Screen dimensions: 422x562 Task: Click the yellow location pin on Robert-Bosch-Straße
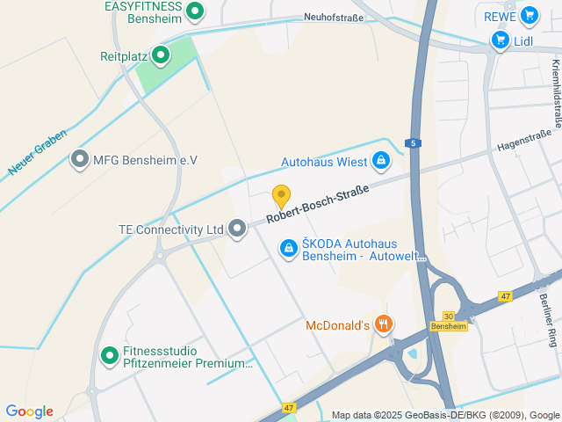[281, 195]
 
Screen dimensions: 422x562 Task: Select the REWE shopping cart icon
[528, 15]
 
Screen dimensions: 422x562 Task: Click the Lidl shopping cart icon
[500, 40]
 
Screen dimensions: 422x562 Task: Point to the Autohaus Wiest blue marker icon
[381, 161]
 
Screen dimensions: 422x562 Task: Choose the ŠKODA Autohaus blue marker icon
[288, 250]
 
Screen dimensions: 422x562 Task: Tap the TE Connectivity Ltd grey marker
[236, 229]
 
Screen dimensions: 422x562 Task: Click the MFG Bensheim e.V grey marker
[80, 160]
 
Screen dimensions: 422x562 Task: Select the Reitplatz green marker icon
[160, 56]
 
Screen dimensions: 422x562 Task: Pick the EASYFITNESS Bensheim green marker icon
[196, 11]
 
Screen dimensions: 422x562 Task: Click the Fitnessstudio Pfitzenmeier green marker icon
[110, 356]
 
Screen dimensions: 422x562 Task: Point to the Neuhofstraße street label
[334, 16]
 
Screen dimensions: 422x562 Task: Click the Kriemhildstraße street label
[556, 92]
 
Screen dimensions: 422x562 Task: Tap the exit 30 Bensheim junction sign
[448, 321]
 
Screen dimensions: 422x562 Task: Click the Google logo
[29, 411]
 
